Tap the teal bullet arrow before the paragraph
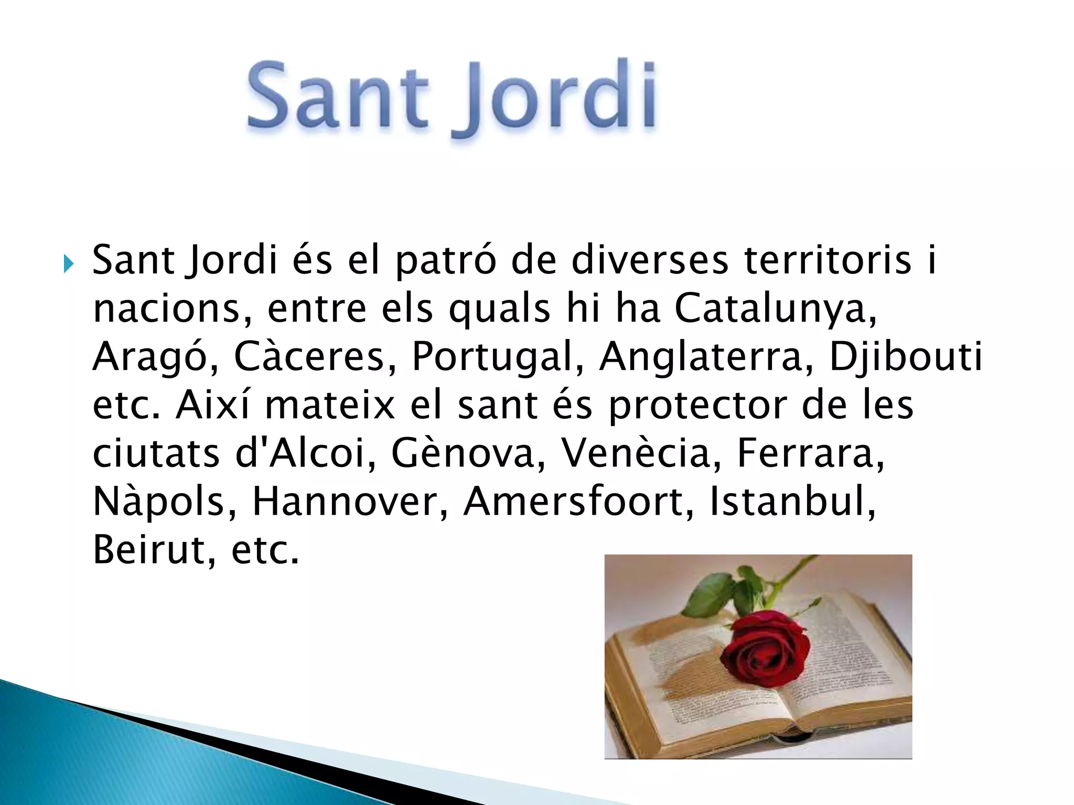pyautogui.click(x=68, y=264)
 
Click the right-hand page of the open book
pyautogui.click(x=839, y=676)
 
